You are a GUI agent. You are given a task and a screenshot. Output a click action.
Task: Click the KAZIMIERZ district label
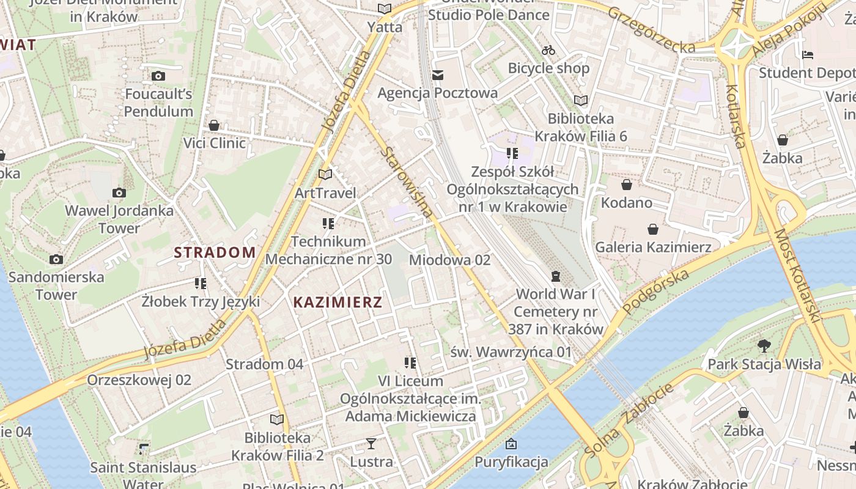(338, 302)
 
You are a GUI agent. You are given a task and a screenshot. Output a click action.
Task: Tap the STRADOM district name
(215, 252)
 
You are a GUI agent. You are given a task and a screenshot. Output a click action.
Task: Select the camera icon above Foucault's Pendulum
(158, 76)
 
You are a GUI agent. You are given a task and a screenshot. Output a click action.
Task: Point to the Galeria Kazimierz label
(653, 247)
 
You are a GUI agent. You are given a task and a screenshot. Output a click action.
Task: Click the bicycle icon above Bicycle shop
(548, 50)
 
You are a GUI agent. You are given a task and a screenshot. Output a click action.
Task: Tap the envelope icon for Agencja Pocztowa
(438, 75)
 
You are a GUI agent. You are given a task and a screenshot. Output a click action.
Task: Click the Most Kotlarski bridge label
(797, 276)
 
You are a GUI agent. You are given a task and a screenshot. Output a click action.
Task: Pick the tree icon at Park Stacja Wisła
(764, 346)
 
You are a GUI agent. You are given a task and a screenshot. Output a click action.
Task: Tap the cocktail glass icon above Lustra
(371, 444)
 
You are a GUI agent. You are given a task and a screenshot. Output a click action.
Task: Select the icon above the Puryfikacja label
(511, 444)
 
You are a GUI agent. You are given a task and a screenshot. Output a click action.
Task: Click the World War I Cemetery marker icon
(555, 277)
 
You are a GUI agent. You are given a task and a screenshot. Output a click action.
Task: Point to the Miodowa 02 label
(449, 260)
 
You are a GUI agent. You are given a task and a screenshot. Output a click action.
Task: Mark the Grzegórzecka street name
(651, 29)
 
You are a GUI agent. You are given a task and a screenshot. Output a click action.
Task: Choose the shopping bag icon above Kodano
(627, 185)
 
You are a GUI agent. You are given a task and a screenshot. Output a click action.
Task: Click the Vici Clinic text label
(215, 143)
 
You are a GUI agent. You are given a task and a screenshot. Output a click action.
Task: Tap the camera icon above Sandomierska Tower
(56, 259)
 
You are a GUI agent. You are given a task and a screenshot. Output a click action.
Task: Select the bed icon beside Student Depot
(808, 55)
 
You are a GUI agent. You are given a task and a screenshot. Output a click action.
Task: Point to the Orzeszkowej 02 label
(139, 380)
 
